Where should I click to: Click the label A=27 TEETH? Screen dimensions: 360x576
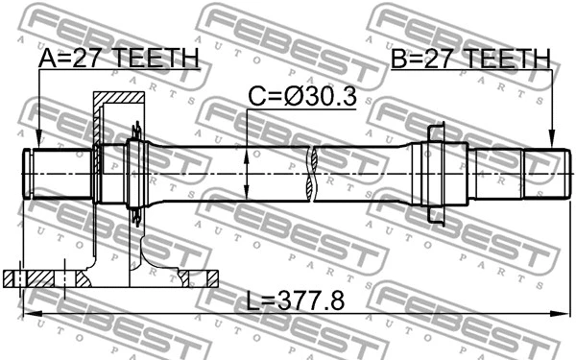118,60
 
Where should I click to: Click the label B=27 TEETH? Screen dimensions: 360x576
470,60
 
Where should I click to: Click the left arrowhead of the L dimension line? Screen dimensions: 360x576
30,314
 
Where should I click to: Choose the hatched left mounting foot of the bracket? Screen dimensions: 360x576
38,278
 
